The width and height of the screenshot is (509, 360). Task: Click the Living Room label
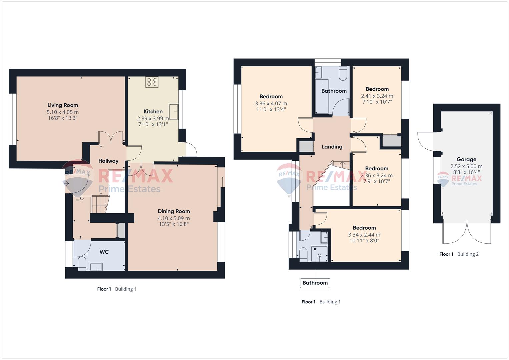[x=63, y=105]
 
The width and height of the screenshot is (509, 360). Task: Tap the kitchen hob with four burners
[x=152, y=82]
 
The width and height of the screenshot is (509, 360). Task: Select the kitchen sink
[x=174, y=112]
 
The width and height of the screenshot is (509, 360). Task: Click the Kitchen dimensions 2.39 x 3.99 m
[x=153, y=118]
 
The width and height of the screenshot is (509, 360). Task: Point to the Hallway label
[x=108, y=161]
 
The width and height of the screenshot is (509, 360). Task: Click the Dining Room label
[x=174, y=211]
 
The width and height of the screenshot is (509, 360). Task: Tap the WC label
[x=104, y=252]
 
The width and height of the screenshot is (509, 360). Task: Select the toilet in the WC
[x=82, y=264]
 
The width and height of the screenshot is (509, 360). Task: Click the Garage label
[x=467, y=159]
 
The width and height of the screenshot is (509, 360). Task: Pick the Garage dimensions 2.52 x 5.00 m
[x=467, y=166]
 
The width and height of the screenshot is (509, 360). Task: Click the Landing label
[x=332, y=147]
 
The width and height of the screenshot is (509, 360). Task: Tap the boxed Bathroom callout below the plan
[x=315, y=283]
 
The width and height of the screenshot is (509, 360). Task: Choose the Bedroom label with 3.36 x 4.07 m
[x=271, y=97]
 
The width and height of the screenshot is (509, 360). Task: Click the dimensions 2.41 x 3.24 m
[x=377, y=96]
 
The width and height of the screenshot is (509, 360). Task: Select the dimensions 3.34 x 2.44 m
[x=364, y=235]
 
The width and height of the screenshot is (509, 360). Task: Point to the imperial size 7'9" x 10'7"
[x=377, y=181]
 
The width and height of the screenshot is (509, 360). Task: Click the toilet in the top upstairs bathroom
[x=343, y=73]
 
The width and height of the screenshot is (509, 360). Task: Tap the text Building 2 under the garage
[x=468, y=254]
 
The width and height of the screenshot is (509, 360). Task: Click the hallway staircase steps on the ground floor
[x=99, y=205]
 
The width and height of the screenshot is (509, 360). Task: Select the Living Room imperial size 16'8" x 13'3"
[x=63, y=118]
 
